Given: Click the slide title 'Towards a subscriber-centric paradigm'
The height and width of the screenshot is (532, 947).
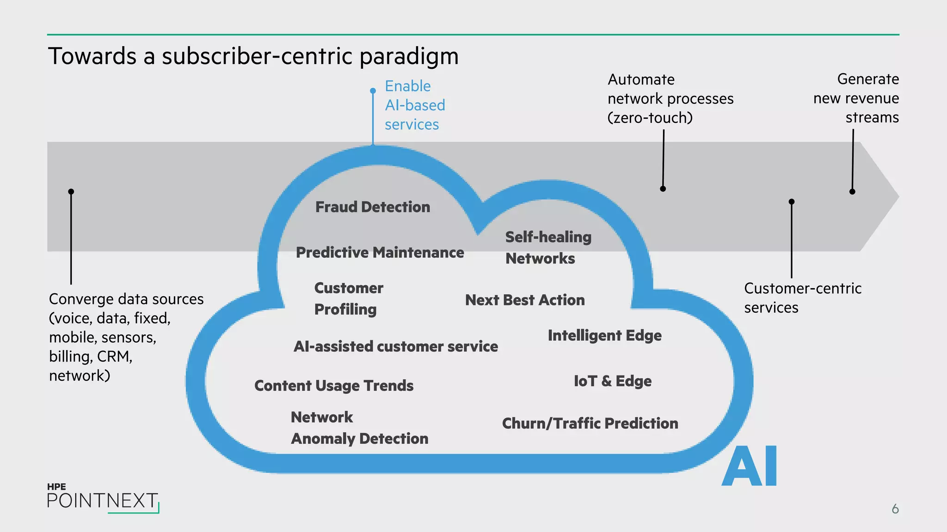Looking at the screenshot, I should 253,56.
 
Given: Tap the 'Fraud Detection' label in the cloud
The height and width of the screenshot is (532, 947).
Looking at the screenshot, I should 373,207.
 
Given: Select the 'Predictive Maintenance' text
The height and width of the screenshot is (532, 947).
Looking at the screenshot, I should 380,253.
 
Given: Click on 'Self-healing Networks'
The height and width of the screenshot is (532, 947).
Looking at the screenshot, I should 547,248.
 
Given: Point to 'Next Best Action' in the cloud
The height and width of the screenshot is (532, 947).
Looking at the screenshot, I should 525,300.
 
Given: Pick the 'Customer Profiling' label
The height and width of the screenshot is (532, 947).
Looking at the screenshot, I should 349,299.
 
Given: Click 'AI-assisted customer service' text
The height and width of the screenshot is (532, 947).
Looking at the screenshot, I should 396,346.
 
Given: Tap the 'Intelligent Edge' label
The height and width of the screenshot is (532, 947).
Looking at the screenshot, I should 604,336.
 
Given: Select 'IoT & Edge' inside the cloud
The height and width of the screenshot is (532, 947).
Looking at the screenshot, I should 612,381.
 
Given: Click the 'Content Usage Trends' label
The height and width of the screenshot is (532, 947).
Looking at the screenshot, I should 334,386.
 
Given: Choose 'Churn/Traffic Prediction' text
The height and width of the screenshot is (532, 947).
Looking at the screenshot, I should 590,423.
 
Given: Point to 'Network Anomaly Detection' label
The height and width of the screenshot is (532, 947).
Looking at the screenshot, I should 359,428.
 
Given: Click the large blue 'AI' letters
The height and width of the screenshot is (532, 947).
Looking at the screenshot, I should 749,466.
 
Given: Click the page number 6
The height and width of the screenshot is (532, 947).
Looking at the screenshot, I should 895,509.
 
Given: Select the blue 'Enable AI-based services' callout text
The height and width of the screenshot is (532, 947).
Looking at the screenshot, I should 414,105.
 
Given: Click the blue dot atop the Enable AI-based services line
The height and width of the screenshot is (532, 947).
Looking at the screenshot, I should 373,91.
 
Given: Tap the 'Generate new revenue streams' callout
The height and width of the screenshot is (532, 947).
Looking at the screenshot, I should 856,98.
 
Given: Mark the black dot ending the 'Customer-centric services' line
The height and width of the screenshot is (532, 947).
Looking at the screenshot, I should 792,202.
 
